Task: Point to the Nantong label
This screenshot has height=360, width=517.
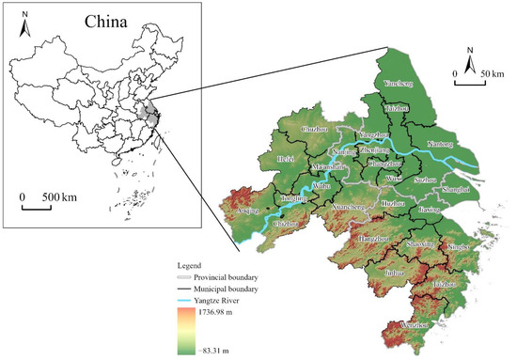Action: tap(440, 145)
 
